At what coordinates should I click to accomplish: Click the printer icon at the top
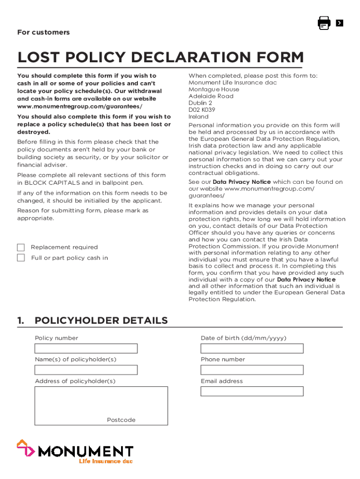click(324, 23)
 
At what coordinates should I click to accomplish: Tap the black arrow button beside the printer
click(339, 23)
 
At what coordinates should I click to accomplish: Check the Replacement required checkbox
click(21, 247)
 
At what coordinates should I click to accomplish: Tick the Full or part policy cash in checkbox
click(21, 258)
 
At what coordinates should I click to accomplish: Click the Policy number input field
click(86, 348)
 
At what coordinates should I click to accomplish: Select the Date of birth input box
click(252, 348)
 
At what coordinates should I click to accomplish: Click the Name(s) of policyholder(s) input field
click(86, 370)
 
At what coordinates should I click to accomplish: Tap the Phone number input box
click(252, 370)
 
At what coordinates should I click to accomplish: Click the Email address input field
click(252, 392)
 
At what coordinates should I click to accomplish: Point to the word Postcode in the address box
click(121, 420)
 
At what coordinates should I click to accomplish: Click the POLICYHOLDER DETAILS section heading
click(101, 320)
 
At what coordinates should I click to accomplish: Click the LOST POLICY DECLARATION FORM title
click(160, 58)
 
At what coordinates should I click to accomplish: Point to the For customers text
click(43, 32)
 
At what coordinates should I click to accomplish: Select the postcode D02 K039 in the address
click(202, 110)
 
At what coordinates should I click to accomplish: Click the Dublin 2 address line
click(200, 103)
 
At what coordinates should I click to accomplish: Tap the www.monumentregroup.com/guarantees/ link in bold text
click(80, 107)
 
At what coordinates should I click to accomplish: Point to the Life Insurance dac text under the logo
click(105, 461)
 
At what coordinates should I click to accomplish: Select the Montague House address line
click(214, 89)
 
